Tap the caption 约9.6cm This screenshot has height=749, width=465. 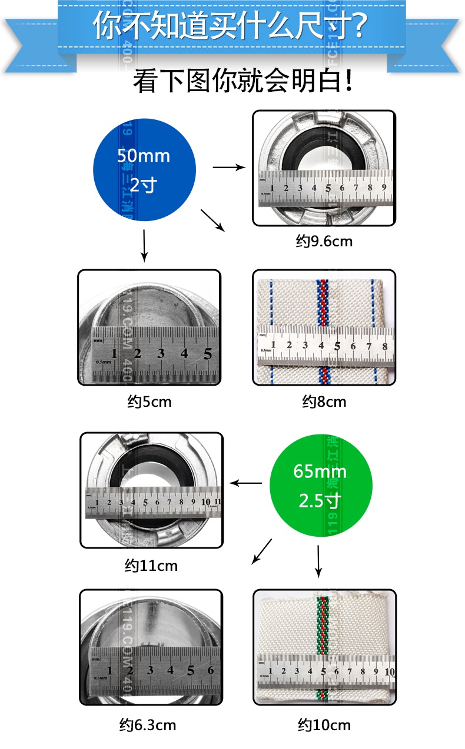[x=324, y=241]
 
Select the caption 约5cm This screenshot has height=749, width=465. [x=149, y=402]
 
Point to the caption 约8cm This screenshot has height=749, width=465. [x=324, y=402]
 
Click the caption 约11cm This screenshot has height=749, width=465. [x=151, y=566]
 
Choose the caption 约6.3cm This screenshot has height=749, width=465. [x=151, y=724]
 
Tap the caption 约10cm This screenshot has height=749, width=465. [x=324, y=724]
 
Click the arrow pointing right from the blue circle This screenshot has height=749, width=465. [x=229, y=168]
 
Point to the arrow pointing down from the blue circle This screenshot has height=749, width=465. [x=144, y=246]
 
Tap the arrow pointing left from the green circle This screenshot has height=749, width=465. [x=245, y=483]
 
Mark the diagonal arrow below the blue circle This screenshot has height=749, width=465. [x=213, y=220]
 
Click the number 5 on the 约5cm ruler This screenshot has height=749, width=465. [x=207, y=353]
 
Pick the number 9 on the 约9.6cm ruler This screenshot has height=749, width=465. [x=384, y=188]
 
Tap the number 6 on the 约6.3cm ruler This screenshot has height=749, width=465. [x=210, y=670]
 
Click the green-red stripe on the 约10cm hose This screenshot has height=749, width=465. [x=322, y=623]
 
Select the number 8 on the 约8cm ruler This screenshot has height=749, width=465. [x=384, y=346]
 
